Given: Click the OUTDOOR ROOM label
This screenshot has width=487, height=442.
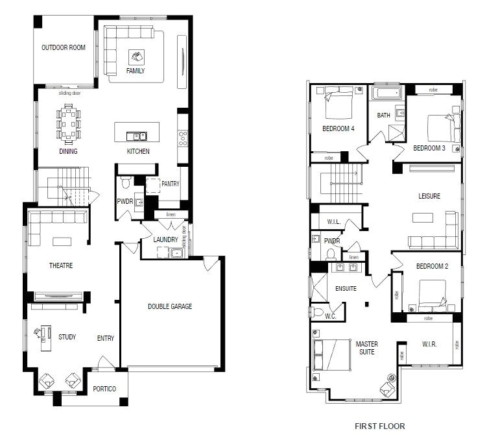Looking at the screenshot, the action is tap(64, 47).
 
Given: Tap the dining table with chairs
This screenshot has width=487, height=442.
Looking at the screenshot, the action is tap(68, 124).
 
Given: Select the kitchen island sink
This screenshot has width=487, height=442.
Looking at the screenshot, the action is tap(137, 136).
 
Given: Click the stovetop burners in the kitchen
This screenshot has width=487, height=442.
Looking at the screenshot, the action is tap(183, 138).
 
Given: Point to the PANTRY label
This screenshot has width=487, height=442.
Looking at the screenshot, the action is tap(171, 184).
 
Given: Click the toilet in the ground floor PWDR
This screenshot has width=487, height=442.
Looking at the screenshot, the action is tap(126, 182).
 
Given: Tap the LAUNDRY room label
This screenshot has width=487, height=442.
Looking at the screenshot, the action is tap(165, 239).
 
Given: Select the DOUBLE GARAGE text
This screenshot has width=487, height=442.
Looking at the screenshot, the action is tap(170, 306).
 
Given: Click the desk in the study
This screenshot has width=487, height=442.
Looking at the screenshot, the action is tap(45, 338).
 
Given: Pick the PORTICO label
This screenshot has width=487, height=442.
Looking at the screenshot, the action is tap(104, 389).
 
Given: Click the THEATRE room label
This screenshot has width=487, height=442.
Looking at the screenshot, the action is tap(61, 265).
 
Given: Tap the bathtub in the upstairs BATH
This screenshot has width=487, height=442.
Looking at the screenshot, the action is tap(386, 94).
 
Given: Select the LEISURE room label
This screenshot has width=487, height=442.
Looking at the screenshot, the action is tap(429, 196).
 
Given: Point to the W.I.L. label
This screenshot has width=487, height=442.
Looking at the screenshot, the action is tap(333, 222).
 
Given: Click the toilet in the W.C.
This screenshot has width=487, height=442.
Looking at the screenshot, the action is tap(317, 312).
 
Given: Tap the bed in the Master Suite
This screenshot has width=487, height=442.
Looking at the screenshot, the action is tap(332, 355).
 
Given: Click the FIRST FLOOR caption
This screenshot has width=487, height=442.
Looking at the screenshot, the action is tap(380, 426).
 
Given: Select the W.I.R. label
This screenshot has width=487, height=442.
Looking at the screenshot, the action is tap(429, 345).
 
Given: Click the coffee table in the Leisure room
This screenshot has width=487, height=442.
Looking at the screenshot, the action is tap(423, 217).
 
